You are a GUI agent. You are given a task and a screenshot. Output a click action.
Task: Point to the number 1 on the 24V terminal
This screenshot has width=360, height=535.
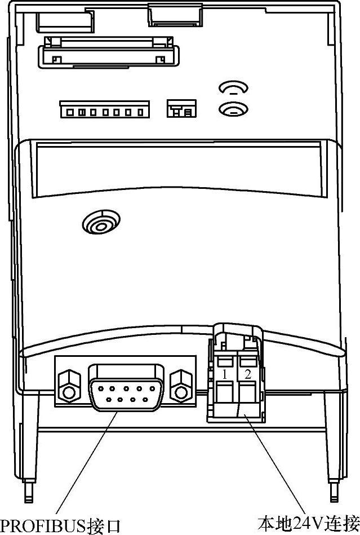224,374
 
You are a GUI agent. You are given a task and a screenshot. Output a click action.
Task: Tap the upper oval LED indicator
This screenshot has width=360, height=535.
233,89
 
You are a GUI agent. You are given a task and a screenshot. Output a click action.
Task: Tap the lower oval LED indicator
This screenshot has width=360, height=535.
233,109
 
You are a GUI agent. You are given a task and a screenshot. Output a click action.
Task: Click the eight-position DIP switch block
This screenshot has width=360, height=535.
105,109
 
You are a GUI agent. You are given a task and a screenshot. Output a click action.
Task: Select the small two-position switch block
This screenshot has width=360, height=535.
181,108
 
